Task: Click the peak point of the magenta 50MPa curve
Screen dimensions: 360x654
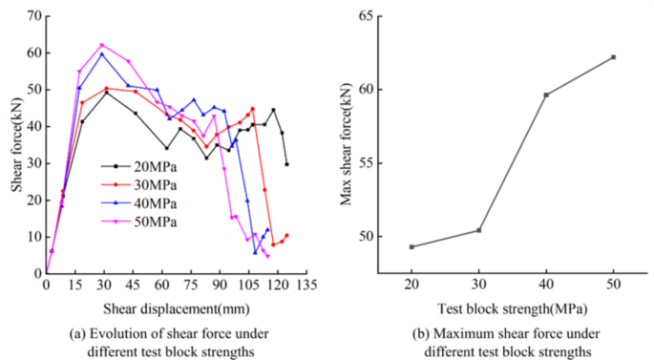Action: point(102,45)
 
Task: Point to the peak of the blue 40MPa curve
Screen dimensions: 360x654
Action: point(102,53)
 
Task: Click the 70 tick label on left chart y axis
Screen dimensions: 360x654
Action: point(32,16)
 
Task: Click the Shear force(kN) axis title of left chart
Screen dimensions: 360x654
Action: point(16,143)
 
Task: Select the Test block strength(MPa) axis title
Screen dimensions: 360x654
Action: point(512,308)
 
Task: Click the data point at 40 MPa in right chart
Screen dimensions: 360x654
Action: point(546,95)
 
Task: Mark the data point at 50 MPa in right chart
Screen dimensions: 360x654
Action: point(613,57)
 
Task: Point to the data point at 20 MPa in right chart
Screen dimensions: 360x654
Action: point(411,246)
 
